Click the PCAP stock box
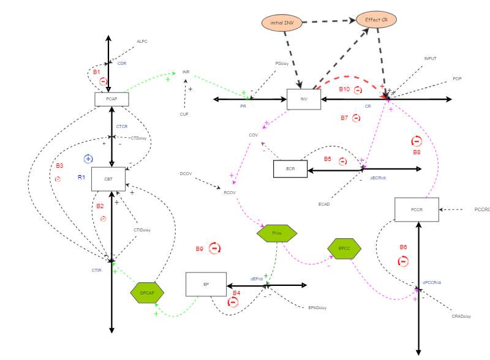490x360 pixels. point(111,99)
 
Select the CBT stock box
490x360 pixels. point(108,179)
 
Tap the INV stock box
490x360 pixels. point(304,99)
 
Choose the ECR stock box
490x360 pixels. point(290,169)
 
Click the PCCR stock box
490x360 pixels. point(417,209)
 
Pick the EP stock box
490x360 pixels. point(206,285)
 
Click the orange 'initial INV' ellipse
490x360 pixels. point(282,23)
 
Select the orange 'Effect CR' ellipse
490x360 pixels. point(376,20)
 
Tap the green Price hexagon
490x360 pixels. point(277,233)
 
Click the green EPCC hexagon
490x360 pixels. point(344,248)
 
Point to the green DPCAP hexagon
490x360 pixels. point(147,293)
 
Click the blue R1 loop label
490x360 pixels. point(81,177)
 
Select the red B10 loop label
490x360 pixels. point(345,89)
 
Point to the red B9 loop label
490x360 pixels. point(200,249)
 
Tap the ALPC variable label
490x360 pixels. point(142,42)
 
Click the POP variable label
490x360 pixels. point(457,79)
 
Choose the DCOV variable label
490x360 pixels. point(186,174)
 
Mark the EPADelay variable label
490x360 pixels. point(317,307)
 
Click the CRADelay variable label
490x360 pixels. point(461,316)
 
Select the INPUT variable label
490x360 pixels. point(430,59)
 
